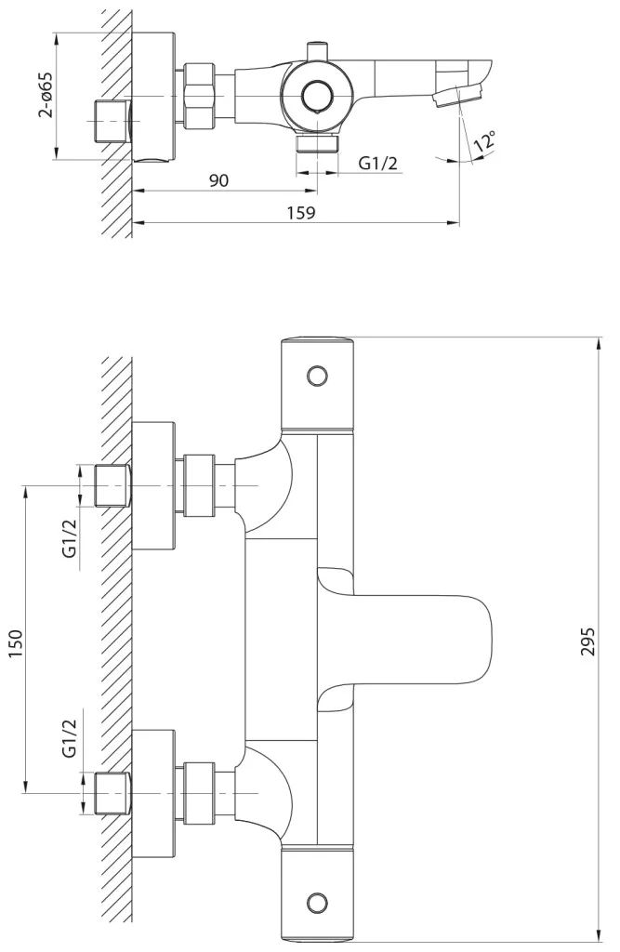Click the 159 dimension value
(x=302, y=213)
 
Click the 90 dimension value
(x=219, y=180)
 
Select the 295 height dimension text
(x=587, y=641)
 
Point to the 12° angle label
(x=485, y=141)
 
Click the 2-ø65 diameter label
(x=45, y=95)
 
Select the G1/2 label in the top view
(x=377, y=163)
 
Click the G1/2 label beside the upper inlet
(x=70, y=538)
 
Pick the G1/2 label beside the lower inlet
(x=70, y=737)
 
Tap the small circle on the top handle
(x=317, y=377)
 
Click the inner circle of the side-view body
(x=316, y=96)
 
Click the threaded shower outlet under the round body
(x=317, y=143)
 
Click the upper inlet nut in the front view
(x=199, y=485)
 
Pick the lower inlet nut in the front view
(x=199, y=793)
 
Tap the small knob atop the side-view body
(x=317, y=51)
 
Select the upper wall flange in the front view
(x=153, y=485)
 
